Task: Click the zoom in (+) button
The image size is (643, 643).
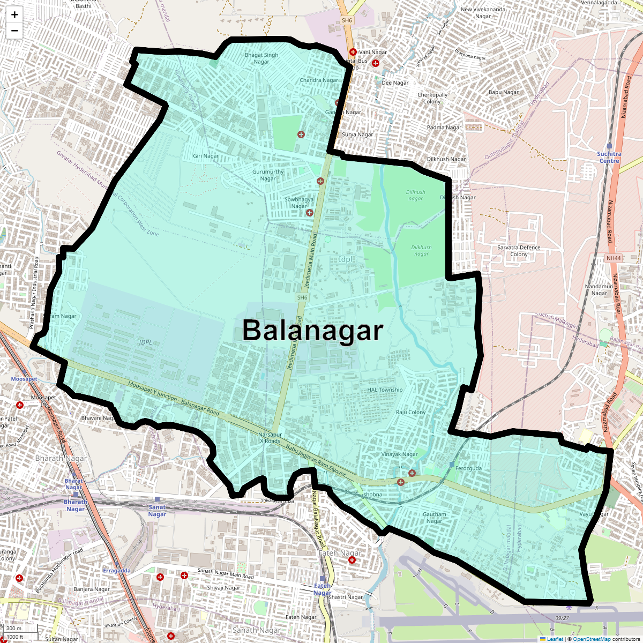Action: click(x=14, y=15)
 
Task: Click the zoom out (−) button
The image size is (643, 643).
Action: click(x=14, y=31)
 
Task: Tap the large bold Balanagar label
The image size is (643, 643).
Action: click(x=312, y=331)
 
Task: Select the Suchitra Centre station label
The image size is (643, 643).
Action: click(x=609, y=157)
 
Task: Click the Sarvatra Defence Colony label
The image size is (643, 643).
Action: click(x=519, y=251)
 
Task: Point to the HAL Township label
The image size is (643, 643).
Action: click(x=385, y=390)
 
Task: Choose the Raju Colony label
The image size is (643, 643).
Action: click(x=410, y=412)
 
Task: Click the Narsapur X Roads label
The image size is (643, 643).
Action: click(x=270, y=438)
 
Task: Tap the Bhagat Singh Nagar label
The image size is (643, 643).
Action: click(x=261, y=58)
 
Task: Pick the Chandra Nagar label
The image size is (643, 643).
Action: click(x=319, y=80)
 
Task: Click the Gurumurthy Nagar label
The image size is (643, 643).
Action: click(x=268, y=175)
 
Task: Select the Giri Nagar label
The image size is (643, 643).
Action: click(x=206, y=156)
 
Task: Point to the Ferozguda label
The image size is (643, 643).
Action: click(x=468, y=468)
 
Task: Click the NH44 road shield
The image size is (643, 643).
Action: click(x=613, y=258)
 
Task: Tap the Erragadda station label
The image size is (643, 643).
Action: click(x=117, y=571)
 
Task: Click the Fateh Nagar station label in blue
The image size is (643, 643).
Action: click(x=322, y=589)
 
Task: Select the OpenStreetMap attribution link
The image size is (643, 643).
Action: click(x=592, y=639)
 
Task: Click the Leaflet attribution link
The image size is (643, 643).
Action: click(x=555, y=639)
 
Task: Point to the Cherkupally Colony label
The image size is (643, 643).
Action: click(x=432, y=98)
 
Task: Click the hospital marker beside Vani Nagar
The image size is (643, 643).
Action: click(x=353, y=52)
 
